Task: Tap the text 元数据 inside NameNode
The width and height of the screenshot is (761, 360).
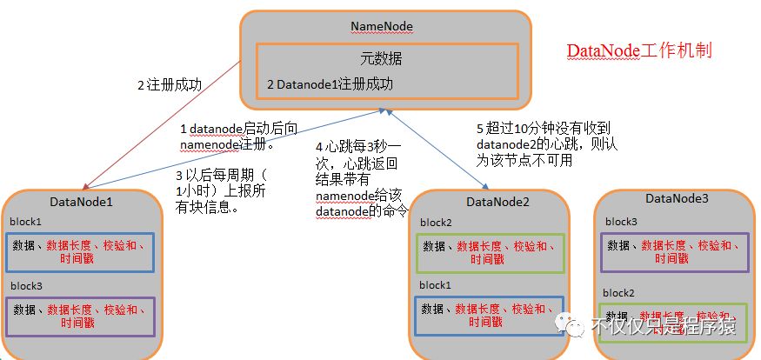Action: (x=384, y=59)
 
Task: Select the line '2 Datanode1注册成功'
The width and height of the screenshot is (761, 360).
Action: (x=330, y=84)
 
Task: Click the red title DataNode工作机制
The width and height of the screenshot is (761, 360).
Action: (x=639, y=50)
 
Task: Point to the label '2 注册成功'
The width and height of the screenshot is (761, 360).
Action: (x=170, y=86)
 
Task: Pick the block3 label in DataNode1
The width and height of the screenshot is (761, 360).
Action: (x=27, y=285)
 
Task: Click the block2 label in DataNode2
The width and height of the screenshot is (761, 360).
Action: (x=436, y=223)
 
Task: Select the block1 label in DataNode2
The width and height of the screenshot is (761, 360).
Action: (x=436, y=285)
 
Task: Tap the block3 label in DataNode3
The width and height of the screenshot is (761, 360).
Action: (x=622, y=222)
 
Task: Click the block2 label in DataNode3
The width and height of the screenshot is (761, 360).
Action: (x=622, y=293)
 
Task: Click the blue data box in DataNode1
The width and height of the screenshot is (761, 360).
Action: (x=82, y=252)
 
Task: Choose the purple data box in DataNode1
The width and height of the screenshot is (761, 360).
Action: (x=82, y=316)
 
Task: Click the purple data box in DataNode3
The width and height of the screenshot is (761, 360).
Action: (x=676, y=252)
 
